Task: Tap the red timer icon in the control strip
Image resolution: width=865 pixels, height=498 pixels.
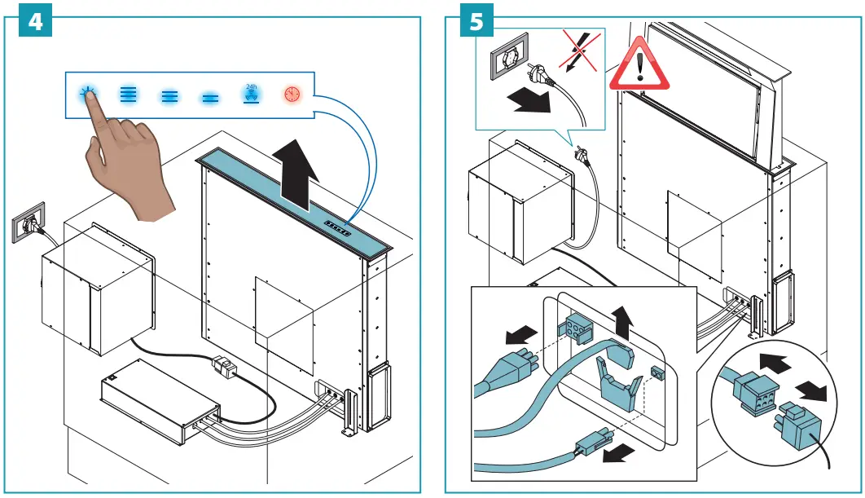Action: [292, 95]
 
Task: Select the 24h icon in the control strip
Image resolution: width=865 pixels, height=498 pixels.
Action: [252, 94]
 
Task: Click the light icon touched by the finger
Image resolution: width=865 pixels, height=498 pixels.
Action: [87, 94]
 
